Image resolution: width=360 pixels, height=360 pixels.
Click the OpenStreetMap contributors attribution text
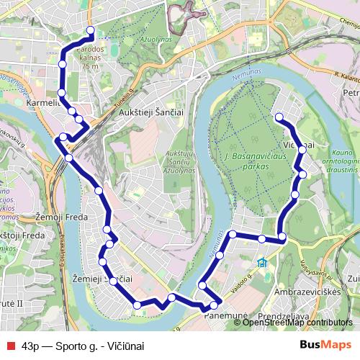coord(298,323)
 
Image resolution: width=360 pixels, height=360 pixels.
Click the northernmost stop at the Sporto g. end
coord(91,30)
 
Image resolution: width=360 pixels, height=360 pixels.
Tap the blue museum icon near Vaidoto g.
coord(263,262)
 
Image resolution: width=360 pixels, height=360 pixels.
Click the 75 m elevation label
coord(90,66)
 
